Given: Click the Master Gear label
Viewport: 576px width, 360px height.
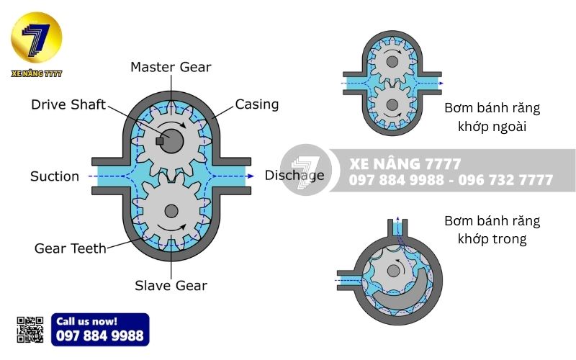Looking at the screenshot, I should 171,67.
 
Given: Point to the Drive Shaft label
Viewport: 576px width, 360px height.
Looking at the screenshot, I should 68,104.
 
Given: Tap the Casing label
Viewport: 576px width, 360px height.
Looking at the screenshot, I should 257,104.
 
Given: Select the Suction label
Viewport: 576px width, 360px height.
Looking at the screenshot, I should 55,176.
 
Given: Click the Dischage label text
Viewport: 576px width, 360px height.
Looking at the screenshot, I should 294,175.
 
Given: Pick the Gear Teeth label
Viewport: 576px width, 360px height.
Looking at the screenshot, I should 70,248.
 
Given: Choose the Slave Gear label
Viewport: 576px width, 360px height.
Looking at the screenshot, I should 171,286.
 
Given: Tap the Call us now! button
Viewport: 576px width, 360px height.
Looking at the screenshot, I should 100,329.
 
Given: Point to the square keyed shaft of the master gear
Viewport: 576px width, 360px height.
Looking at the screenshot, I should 161,140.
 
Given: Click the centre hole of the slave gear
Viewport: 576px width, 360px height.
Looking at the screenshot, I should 171,211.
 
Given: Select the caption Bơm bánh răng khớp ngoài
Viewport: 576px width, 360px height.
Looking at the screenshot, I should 492,117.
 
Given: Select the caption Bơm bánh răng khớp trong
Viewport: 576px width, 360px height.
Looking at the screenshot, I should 492,229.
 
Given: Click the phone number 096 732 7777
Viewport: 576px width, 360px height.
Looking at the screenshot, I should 505,180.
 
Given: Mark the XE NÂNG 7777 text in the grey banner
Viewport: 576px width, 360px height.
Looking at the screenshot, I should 405,164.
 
